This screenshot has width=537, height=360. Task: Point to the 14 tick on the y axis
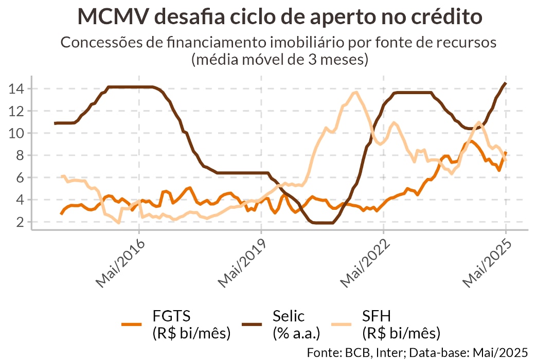[x=16, y=88]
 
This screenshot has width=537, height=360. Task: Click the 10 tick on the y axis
[x=16, y=133]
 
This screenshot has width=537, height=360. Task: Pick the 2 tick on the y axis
[x=20, y=222]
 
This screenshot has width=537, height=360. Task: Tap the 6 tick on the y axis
[x=20, y=177]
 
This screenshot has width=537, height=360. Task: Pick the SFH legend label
[x=381, y=315]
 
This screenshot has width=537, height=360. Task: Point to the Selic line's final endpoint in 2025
[x=506, y=83]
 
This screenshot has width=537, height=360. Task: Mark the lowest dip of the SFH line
[x=119, y=223]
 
